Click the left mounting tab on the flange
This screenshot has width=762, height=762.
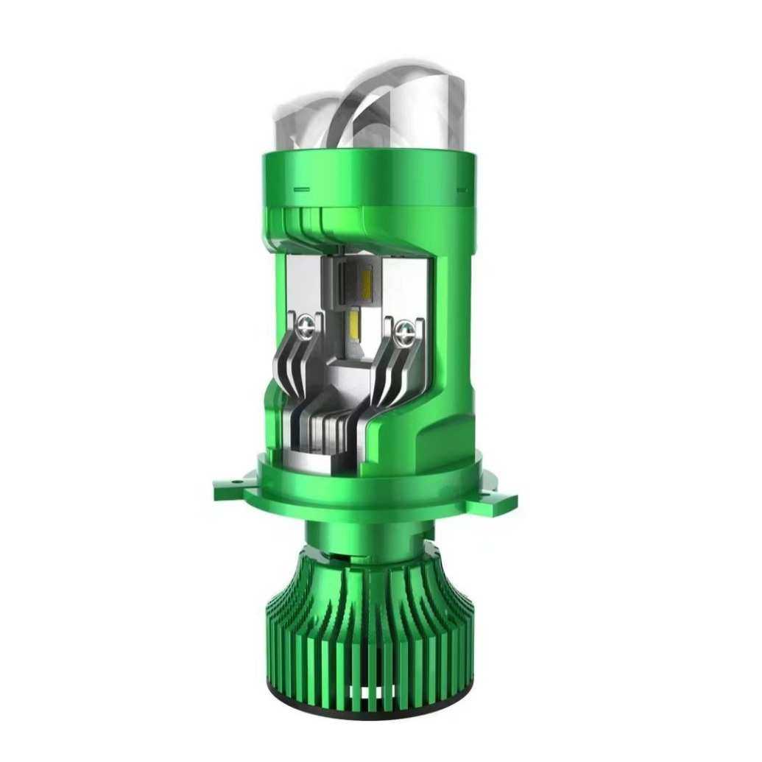pos(233,487)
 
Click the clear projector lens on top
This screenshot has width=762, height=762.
pos(390,103)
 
